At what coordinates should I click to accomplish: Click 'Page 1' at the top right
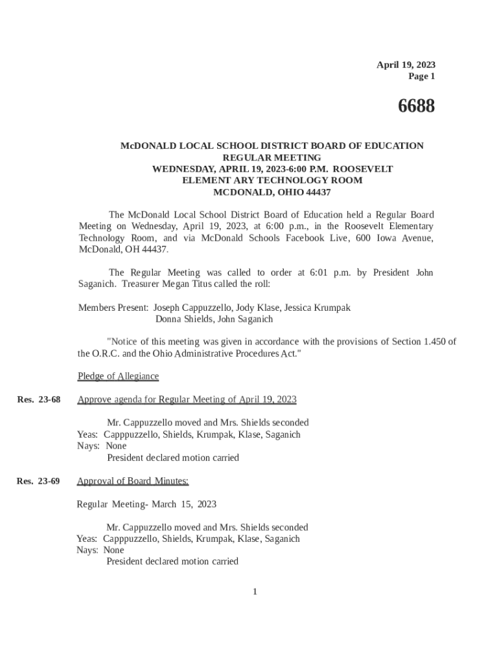click(421, 76)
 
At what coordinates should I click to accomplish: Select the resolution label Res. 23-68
click(38, 399)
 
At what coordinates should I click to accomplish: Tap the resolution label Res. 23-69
click(38, 481)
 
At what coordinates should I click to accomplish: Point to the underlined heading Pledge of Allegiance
click(118, 376)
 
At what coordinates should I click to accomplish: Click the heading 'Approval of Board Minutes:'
click(133, 481)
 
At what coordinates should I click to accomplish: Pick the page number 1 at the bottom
click(255, 591)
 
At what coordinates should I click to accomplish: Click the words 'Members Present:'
click(113, 308)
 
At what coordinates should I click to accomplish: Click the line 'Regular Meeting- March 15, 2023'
click(146, 504)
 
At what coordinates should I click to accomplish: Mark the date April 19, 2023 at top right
click(406, 65)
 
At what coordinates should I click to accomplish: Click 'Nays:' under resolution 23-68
click(88, 446)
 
